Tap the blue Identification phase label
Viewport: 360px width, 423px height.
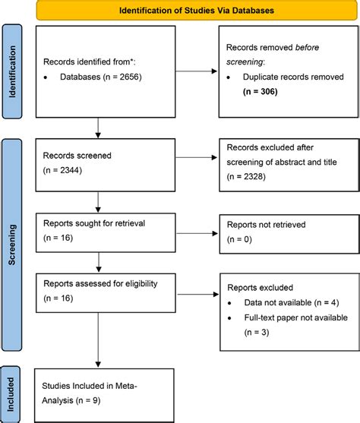tap(11, 71)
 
